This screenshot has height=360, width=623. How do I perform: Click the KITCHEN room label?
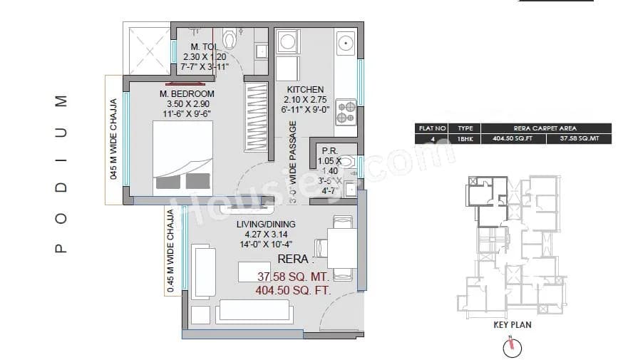pyautogui.click(x=305, y=90)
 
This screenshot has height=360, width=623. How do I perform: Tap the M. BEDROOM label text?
pyautogui.click(x=187, y=94)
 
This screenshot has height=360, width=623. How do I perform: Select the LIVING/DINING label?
pyautogui.click(x=265, y=224)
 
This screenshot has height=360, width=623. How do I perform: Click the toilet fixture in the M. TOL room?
pyautogui.click(x=229, y=38)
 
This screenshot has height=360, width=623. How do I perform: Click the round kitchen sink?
pyautogui.click(x=346, y=41)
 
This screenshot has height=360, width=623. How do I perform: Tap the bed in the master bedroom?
pyautogui.click(x=182, y=157)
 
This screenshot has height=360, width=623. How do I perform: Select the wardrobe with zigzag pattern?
pyautogui.click(x=254, y=117)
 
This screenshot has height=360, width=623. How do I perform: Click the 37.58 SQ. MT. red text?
pyautogui.click(x=292, y=277)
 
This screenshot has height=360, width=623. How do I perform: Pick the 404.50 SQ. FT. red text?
pyautogui.click(x=292, y=290)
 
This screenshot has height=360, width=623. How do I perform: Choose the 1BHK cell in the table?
pyautogui.click(x=465, y=139)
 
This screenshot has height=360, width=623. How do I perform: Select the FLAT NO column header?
pyautogui.click(x=432, y=128)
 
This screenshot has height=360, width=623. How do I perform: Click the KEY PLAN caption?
pyautogui.click(x=512, y=325)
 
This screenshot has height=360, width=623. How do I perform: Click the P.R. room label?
pyautogui.click(x=329, y=150)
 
